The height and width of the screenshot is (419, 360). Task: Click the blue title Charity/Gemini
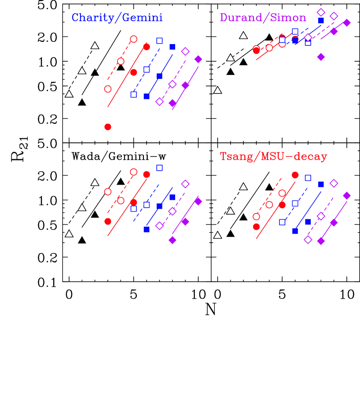pos(117,18)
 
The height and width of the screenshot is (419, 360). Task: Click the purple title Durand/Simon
pos(263,18)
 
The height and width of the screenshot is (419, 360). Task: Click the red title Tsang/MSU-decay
pos(273,157)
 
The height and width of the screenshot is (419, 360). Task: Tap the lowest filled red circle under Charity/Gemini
pos(108,127)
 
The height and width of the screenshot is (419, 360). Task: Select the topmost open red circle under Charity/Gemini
pos(133,39)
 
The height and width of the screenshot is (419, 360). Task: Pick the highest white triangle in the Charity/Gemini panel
pos(95,45)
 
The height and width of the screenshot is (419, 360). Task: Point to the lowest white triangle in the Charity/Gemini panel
pos(69,94)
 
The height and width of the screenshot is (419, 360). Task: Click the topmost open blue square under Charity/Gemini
pos(159,41)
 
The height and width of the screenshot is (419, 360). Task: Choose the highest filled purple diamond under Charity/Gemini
pos(198,59)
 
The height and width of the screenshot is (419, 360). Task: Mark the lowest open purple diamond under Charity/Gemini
pos(159,101)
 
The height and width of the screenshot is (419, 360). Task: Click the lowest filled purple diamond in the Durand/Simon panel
pos(321,57)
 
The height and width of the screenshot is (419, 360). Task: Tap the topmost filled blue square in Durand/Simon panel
pos(321,20)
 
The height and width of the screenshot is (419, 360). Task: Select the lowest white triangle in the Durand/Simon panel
pos(217,90)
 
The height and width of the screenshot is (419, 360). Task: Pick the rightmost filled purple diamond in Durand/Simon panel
pos(347,22)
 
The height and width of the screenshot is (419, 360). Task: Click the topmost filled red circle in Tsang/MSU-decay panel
pos(295,175)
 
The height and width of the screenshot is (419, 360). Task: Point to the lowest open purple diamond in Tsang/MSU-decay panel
pos(308,239)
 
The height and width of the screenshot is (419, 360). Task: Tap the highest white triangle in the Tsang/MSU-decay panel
pos(243,187)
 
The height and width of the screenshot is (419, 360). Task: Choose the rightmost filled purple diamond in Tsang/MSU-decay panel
pos(347,195)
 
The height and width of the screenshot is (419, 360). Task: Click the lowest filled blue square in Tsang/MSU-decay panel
pos(295,231)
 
